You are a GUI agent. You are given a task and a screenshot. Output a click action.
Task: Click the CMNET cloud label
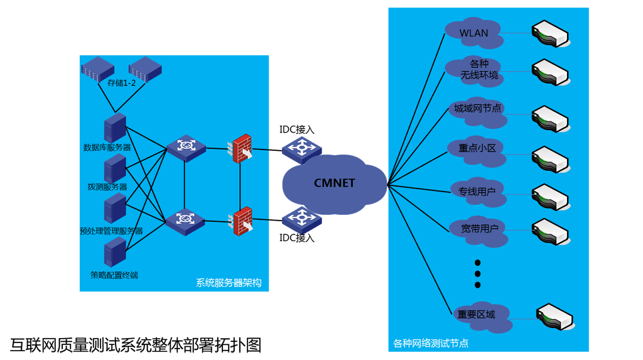coord(334,183)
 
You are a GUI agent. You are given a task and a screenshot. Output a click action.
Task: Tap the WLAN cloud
coord(474,33)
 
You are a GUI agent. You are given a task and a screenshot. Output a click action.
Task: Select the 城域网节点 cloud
coord(478,109)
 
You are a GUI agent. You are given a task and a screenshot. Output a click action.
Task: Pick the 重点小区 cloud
coord(477,149)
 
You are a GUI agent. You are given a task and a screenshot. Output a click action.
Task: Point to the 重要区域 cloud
coord(477,315)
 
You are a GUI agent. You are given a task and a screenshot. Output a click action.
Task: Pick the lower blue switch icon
coord(185,219)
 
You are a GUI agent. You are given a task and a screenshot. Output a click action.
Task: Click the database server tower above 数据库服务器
coord(115,128)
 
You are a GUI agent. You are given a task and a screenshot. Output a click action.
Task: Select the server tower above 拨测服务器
coord(115,168)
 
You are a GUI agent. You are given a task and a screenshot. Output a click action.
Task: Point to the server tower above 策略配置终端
coord(115,253)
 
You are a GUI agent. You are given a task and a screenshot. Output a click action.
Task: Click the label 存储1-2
coord(121,83)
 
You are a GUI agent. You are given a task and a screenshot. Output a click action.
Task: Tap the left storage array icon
coord(97,68)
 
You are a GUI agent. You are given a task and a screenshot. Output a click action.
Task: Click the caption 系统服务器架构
coord(229,283)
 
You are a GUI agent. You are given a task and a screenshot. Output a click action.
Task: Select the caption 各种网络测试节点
coord(431,344)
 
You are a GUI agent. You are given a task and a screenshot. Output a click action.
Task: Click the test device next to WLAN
coord(551,34)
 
